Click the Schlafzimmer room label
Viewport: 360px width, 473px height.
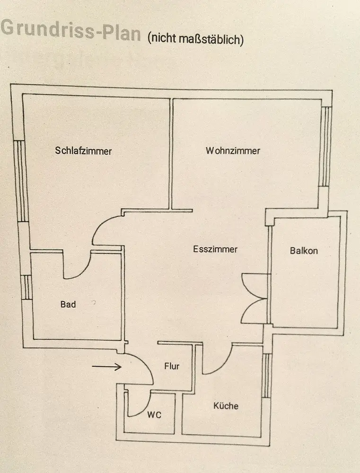[x=83, y=151]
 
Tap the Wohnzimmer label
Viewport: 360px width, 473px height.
[x=233, y=151]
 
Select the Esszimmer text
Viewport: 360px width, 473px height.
[x=215, y=249]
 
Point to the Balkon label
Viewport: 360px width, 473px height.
[x=304, y=251]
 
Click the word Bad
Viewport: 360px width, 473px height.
[x=68, y=305]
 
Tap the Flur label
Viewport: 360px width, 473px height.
[x=172, y=366]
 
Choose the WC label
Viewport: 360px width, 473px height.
[x=154, y=415]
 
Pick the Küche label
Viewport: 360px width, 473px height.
[x=226, y=406]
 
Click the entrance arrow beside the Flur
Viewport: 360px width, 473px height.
[x=107, y=366]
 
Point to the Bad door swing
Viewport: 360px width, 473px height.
[x=76, y=267]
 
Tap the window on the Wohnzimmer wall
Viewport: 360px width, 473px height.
[x=325, y=147]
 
